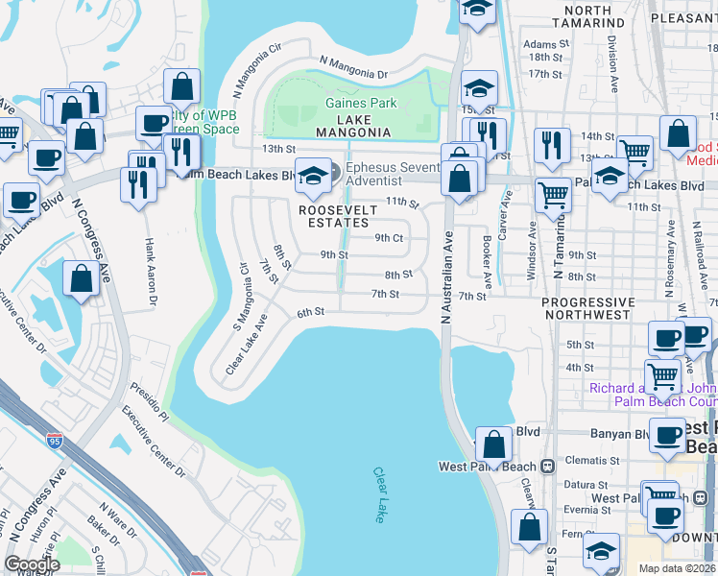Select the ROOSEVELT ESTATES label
[x=334, y=216]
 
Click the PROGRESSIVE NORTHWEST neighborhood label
[x=587, y=309]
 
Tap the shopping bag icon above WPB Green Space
[x=181, y=87]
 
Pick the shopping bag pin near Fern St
[x=529, y=527]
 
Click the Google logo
[x=32, y=564]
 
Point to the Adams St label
[x=540, y=44]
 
